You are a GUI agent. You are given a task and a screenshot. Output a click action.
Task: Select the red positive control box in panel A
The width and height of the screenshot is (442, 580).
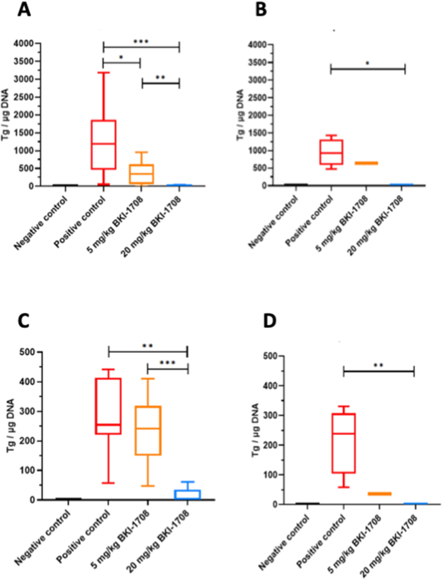click(x=103, y=144)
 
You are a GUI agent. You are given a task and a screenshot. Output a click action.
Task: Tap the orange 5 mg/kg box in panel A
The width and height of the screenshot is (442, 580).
click(x=141, y=174)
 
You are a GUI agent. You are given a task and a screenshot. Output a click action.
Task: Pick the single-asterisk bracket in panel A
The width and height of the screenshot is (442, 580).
click(x=121, y=62)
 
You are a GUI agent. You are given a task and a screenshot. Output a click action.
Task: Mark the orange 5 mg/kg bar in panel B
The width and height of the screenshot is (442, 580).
click(x=367, y=163)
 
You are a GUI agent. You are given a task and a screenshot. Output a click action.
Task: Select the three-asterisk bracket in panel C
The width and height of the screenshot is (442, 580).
click(x=168, y=368)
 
